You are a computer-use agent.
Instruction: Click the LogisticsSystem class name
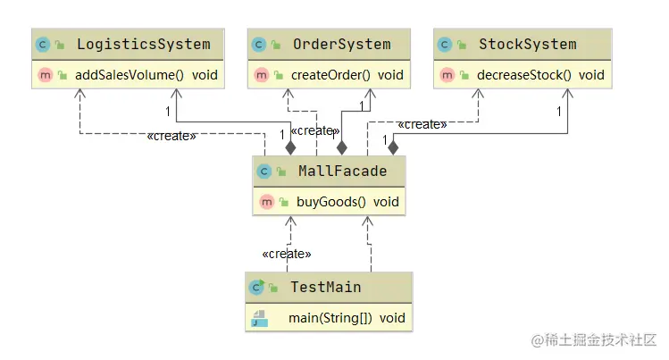143,44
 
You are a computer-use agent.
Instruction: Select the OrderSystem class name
341,44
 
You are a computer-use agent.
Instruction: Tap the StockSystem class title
527,44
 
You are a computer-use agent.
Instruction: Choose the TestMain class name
326,287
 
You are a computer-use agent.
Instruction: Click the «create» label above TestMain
287,254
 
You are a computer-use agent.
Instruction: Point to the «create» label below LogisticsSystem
171,137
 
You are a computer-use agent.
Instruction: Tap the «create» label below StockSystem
422,124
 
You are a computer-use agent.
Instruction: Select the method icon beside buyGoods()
266,202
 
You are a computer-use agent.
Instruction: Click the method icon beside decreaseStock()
447,75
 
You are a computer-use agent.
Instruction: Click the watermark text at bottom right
593,341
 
